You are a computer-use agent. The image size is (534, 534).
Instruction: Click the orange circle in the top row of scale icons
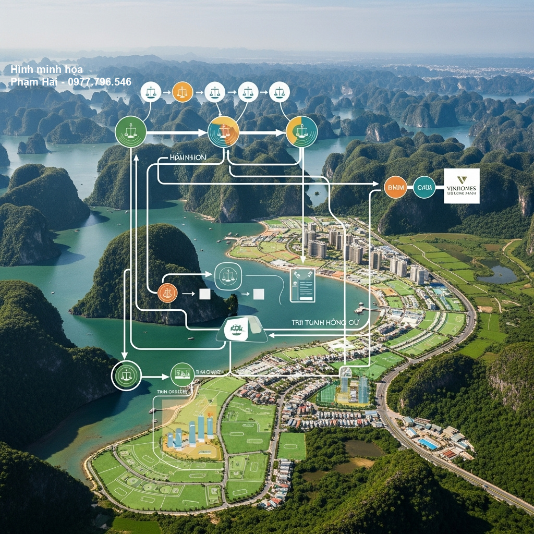pyautogui.click(x=183, y=92)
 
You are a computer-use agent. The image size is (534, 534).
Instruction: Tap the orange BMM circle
pyautogui.click(x=395, y=187)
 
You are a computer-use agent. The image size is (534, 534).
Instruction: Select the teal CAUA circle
pyautogui.click(x=424, y=187)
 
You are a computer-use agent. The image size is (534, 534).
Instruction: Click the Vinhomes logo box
pyautogui.click(x=462, y=186)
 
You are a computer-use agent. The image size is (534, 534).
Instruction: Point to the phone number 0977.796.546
pyautogui.click(x=99, y=82)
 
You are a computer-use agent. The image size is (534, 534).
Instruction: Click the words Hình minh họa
pyautogui.click(x=46, y=70)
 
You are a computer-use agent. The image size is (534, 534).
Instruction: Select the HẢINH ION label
pyautogui.click(x=188, y=157)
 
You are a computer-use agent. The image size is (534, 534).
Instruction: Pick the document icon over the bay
pyautogui.click(x=302, y=285)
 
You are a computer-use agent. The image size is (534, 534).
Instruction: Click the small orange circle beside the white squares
pyautogui.click(x=167, y=293)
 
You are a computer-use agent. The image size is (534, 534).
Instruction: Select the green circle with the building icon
pyautogui.click(x=182, y=374)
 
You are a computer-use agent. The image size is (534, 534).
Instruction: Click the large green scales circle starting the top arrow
pyautogui.click(x=130, y=131)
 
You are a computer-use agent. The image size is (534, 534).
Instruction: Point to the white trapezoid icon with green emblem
pyautogui.click(x=241, y=329)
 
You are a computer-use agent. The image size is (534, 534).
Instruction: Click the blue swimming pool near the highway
pyautogui.click(x=429, y=443)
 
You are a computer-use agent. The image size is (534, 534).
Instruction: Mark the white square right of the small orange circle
pyautogui.click(x=205, y=294)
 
